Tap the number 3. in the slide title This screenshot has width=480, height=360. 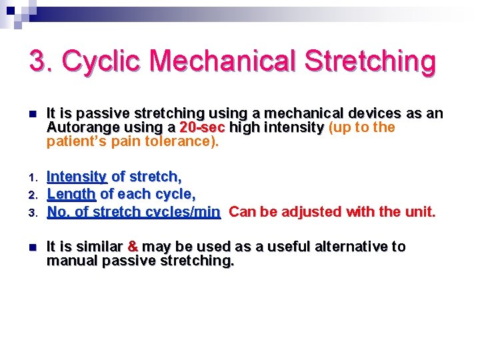pyautogui.click(x=41, y=61)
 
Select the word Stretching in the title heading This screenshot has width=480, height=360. pyautogui.click(x=370, y=61)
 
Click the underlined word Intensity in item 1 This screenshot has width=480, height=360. pyautogui.click(x=77, y=177)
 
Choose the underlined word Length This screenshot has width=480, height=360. pyautogui.click(x=71, y=194)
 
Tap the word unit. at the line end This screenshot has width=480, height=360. pyautogui.click(x=419, y=212)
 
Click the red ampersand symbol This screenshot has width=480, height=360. pyautogui.click(x=133, y=247)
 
